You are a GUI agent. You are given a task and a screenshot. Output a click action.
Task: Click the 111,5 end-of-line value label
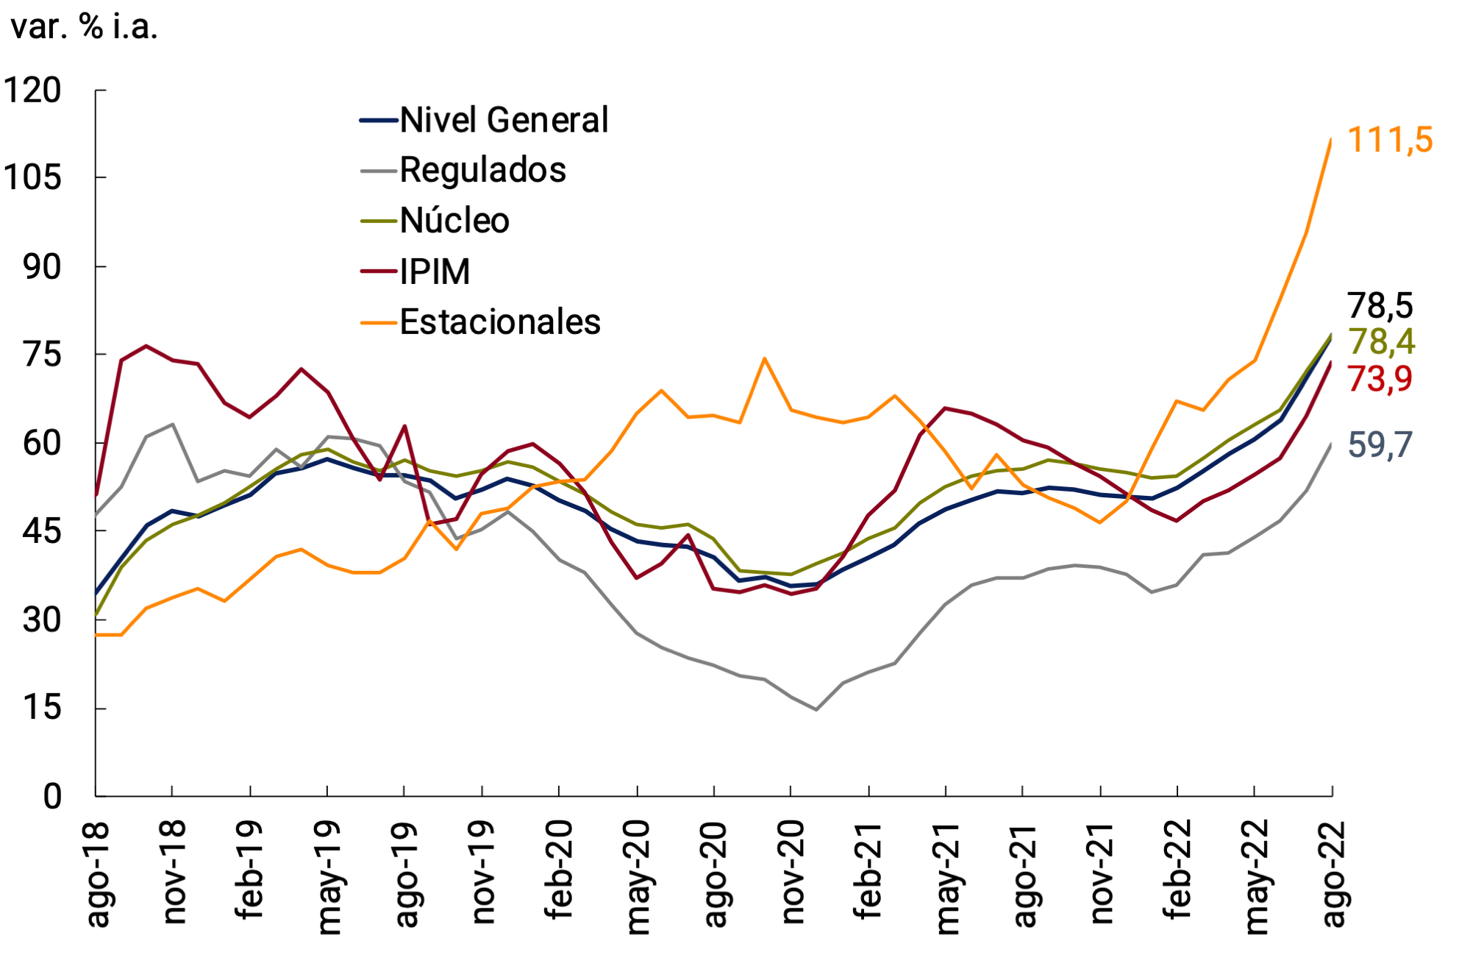point(1390,140)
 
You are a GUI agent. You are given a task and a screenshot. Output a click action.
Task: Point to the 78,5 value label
point(1380,305)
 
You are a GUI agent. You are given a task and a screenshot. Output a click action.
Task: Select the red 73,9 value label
point(1380,379)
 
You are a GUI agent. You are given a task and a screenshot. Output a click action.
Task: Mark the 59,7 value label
point(1380,445)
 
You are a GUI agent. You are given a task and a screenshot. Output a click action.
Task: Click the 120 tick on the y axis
point(33,90)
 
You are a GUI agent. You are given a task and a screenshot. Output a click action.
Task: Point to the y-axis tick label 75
point(42,355)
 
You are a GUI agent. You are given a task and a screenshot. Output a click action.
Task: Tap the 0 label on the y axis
point(52,796)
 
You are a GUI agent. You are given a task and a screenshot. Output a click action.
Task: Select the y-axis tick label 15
point(42,708)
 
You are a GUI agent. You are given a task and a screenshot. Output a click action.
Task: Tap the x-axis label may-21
point(947,877)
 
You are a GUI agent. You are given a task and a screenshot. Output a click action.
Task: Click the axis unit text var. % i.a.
point(85,27)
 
